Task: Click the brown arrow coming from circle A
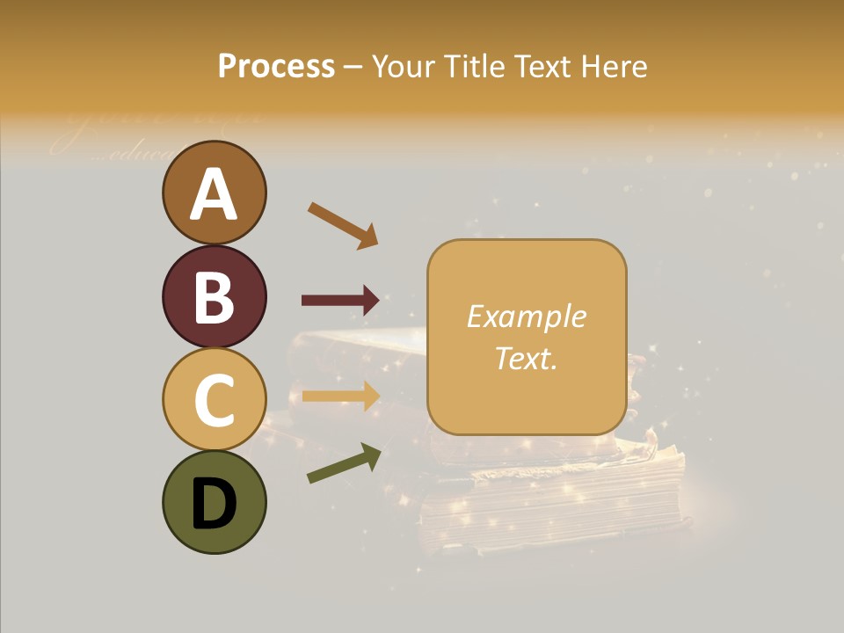coord(343,225)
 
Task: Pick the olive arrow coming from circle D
coord(344,463)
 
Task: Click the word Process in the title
coord(276,67)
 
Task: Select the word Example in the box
coord(526,316)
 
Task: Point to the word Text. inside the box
coord(526,358)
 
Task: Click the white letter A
coord(214,195)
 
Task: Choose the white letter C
coord(214,400)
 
